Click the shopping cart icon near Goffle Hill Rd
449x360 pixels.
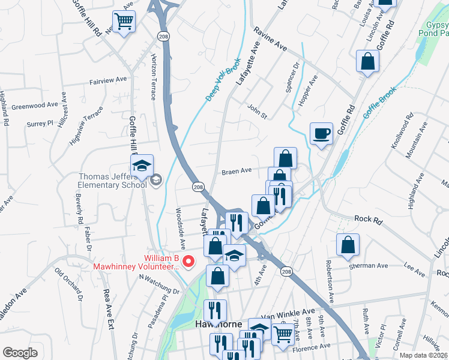coord(124,22)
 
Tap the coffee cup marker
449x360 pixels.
coord(322,133)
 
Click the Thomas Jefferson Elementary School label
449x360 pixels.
coord(113,180)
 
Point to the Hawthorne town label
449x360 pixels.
coord(220,325)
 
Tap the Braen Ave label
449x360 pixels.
coord(237,171)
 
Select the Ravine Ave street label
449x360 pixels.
coord(270,38)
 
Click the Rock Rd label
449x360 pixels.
coord(369,220)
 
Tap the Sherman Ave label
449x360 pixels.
coord(373,265)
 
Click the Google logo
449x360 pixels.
coord(20,353)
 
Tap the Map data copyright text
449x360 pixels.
coord(424,355)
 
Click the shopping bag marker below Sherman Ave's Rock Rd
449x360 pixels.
coord(348,245)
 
